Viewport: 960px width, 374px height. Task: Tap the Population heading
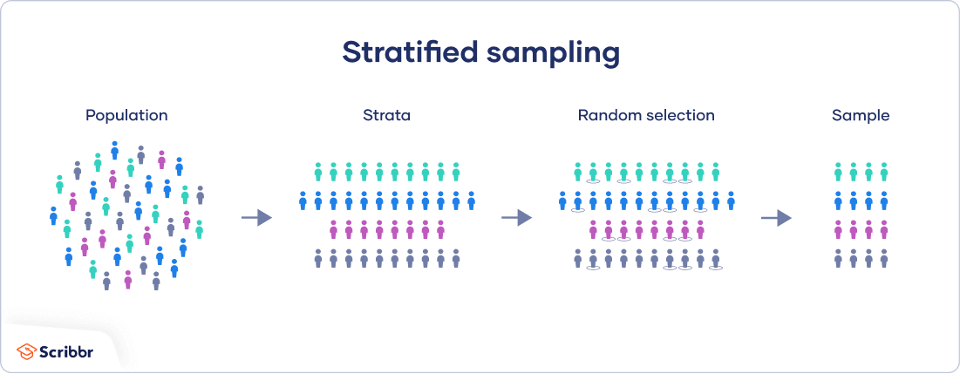[126, 115]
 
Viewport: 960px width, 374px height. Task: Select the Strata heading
[386, 115]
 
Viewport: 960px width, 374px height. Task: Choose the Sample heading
[861, 115]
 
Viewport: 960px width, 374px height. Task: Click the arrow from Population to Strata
[256, 217]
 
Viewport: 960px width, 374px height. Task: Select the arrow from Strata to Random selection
[516, 217]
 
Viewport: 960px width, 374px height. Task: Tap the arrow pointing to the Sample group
[776, 217]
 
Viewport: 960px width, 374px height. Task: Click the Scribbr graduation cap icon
[26, 351]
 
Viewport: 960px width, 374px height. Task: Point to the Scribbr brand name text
[66, 351]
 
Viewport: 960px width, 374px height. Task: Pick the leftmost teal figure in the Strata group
[318, 171]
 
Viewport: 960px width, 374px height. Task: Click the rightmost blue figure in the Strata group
[471, 201]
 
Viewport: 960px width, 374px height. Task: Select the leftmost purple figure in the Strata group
[333, 229]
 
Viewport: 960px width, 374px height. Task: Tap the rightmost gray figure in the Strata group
[455, 258]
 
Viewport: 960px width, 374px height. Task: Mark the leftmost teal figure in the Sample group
[838, 171]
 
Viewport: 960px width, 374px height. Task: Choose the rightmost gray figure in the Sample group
[883, 258]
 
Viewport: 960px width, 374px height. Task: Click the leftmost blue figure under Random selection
[562, 201]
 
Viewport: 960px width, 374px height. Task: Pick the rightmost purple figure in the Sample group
[883, 229]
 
